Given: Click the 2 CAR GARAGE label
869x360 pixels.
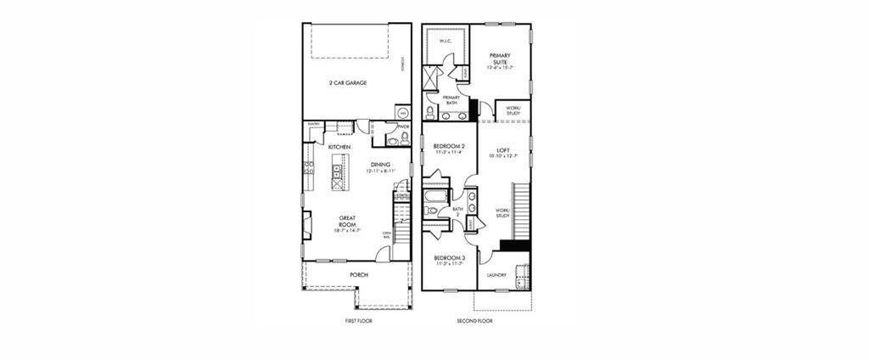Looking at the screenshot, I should click(x=348, y=83).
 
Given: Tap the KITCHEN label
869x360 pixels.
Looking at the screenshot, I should click(x=339, y=147).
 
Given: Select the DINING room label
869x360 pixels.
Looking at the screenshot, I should click(x=381, y=165).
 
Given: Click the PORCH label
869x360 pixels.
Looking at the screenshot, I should click(x=359, y=275).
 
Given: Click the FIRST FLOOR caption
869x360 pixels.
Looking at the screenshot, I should click(x=358, y=321).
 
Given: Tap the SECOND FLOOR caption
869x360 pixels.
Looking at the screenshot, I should click(x=474, y=321).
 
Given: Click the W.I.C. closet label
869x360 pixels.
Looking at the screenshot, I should click(x=443, y=41).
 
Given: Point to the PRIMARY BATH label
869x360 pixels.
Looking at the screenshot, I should click(x=450, y=100).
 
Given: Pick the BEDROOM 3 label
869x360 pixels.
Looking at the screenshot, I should click(x=448, y=257).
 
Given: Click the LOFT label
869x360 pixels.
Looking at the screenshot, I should click(x=502, y=150).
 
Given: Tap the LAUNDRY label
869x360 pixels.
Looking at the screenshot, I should click(x=496, y=275).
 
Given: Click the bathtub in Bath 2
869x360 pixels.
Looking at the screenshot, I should click(x=434, y=204).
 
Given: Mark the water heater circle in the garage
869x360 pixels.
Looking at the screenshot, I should click(x=402, y=112).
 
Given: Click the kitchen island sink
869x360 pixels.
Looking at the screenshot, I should click(x=338, y=177).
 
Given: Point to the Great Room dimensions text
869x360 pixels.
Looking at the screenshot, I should click(x=347, y=230).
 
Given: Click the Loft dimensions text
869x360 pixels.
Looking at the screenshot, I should click(x=502, y=156).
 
